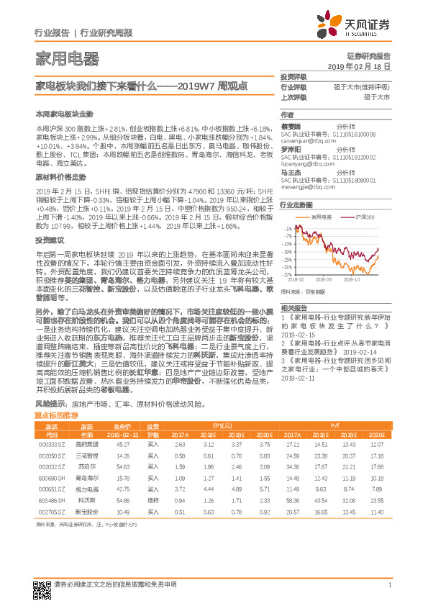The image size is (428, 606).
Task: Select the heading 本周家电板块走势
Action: [65, 114]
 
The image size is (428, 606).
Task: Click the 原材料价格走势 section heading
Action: [61, 176]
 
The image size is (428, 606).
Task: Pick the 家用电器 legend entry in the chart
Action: [319, 215]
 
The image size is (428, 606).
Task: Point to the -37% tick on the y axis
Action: [287, 275]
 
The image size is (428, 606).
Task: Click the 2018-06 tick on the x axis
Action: [324, 279]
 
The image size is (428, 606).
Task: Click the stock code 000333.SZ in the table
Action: [51, 445]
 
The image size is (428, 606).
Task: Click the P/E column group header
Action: [336, 427]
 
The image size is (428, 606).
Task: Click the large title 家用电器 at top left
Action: [67, 59]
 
